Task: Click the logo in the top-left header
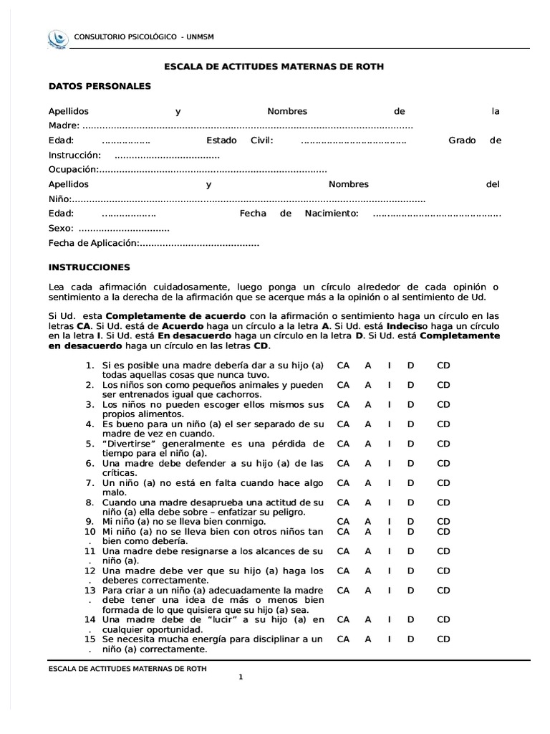[57, 38]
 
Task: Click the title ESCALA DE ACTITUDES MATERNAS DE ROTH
[274, 67]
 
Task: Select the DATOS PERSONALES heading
[100, 86]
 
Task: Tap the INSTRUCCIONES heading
[90, 267]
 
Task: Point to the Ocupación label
[72, 169]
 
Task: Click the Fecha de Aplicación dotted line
[198, 244]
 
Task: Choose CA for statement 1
[343, 366]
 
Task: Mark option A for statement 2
[368, 385]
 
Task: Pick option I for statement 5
[389, 444]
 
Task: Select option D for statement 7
[411, 483]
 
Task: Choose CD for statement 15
[444, 639]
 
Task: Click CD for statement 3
[444, 404]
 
